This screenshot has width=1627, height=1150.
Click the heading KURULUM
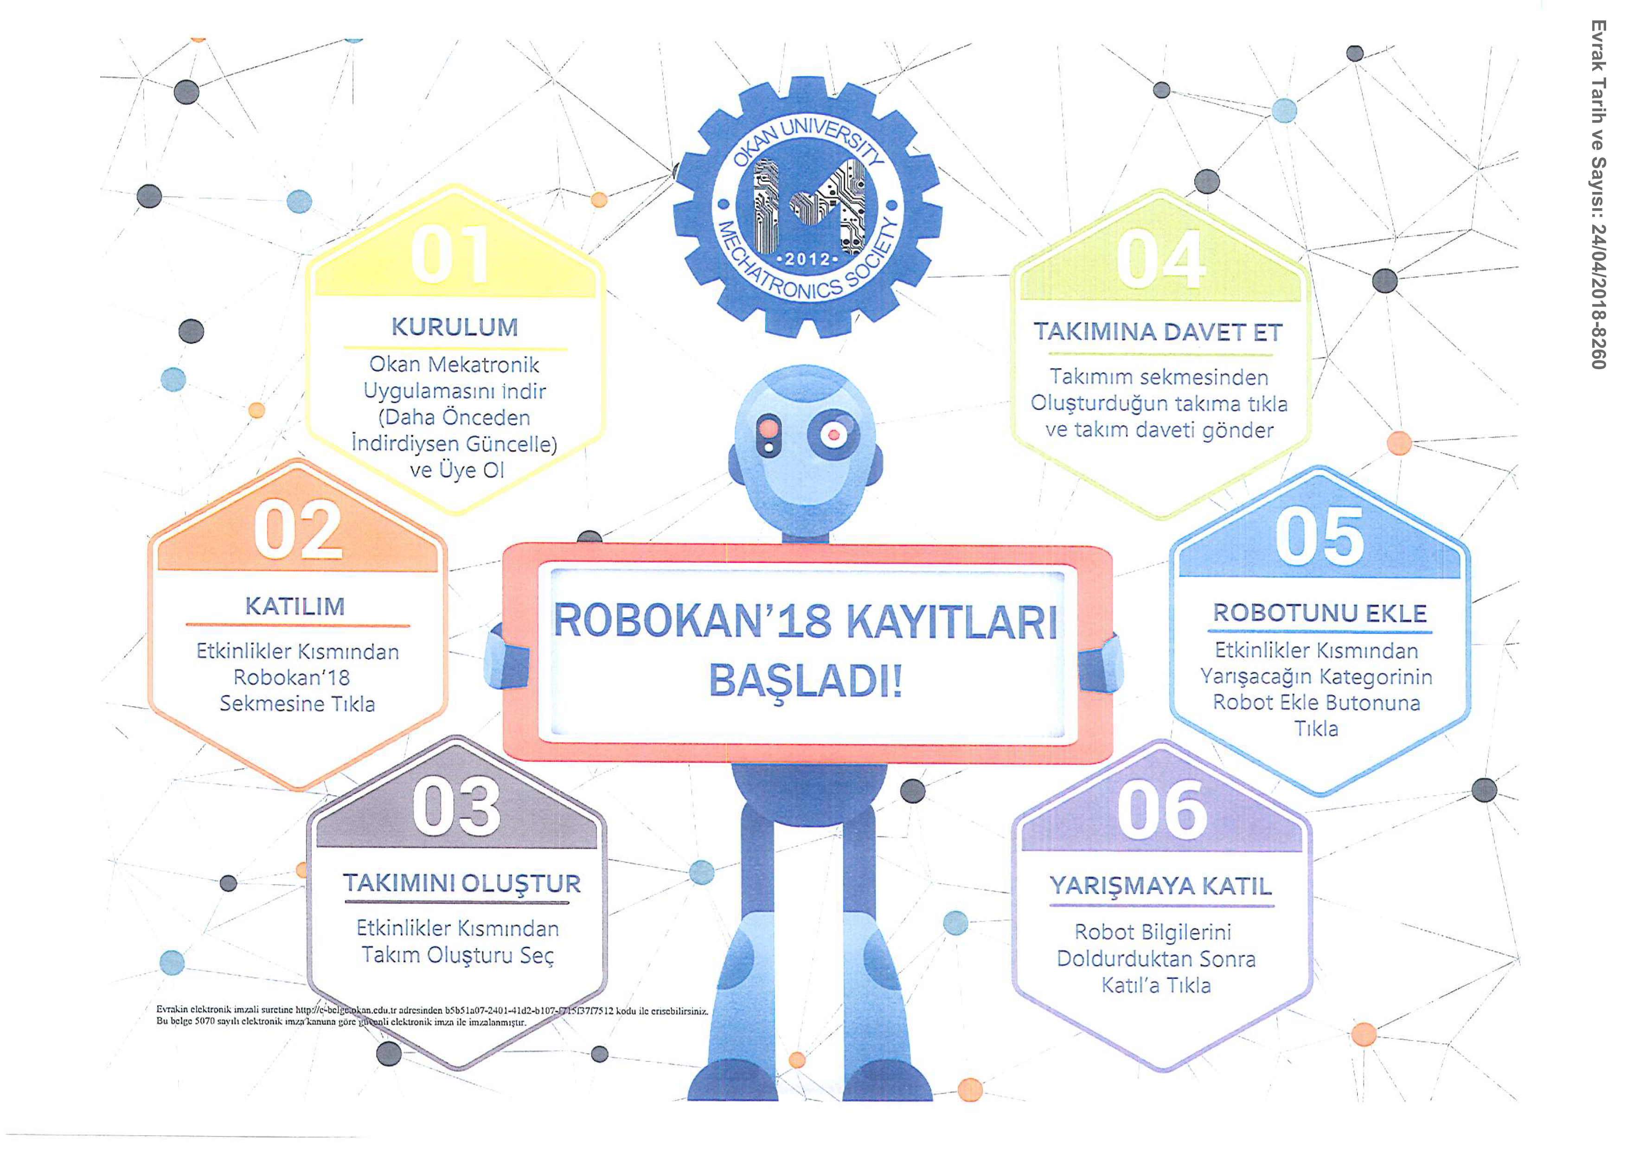coord(455,327)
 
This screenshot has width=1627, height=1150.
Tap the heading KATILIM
coord(295,607)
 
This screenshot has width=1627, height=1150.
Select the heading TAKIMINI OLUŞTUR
coord(462,884)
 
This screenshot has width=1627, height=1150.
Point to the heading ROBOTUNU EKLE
coord(1320,613)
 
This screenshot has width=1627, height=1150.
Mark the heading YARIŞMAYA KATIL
coord(1161,887)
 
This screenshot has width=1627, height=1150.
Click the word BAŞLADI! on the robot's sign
coord(806,682)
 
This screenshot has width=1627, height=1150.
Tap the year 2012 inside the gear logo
coord(808,259)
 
